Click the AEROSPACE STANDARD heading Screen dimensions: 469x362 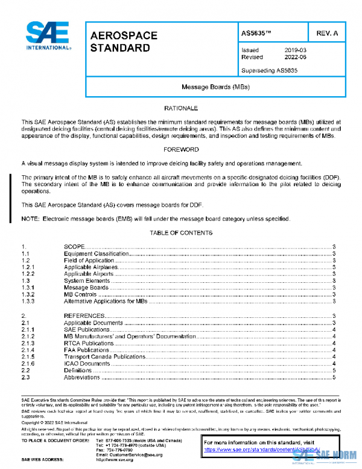(124, 42)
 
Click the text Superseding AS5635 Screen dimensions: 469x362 (269, 70)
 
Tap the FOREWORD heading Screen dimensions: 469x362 (181, 149)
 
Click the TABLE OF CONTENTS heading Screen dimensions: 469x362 (181, 232)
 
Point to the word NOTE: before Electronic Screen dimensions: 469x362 (30, 218)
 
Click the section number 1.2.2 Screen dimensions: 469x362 (28, 274)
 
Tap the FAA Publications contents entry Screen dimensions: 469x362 (87, 350)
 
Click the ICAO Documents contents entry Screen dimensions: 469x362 (87, 363)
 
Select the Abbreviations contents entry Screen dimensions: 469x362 (82, 377)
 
